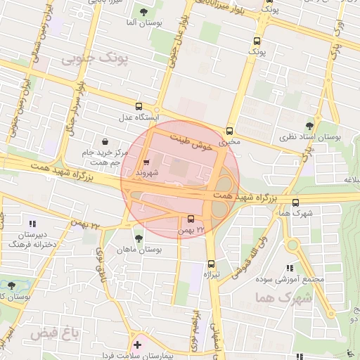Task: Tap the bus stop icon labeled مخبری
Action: pyautogui.click(x=229, y=131)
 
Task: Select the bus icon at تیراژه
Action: pyautogui.click(x=210, y=264)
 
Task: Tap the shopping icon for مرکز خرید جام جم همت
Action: pyautogui.click(x=105, y=141)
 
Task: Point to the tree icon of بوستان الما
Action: pyautogui.click(x=144, y=12)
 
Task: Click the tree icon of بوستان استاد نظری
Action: pyautogui.click(x=307, y=126)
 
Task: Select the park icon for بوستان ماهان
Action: pyautogui.click(x=138, y=238)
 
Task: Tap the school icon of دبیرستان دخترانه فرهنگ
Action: pyautogui.click(x=32, y=223)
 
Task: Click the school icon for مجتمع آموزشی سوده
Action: pyautogui.click(x=289, y=268)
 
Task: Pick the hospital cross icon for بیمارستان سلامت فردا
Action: pyautogui.click(x=137, y=345)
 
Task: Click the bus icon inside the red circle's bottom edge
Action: pyautogui.click(x=191, y=219)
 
